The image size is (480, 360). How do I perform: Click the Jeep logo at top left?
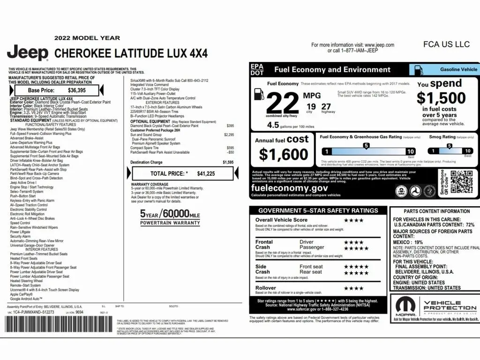click(x=27, y=52)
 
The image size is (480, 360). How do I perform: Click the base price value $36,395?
click(x=77, y=90)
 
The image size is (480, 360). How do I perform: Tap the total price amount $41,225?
click(x=206, y=173)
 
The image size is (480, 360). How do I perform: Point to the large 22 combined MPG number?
click(x=282, y=102)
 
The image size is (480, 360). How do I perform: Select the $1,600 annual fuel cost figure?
click(x=283, y=154)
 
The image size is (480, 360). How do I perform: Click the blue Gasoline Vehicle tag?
click(x=444, y=70)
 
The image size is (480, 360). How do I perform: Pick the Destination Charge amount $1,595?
click(x=228, y=162)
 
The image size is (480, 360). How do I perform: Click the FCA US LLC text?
click(x=446, y=45)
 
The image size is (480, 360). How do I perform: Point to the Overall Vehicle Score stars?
click(x=353, y=220)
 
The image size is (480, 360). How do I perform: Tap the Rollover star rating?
click(x=353, y=288)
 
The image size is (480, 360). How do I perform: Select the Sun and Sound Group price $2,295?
click(x=228, y=135)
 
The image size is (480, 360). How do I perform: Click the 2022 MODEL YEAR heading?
click(x=87, y=38)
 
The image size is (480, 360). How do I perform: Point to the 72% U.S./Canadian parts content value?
click(x=470, y=225)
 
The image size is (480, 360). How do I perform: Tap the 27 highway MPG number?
click(x=326, y=106)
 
